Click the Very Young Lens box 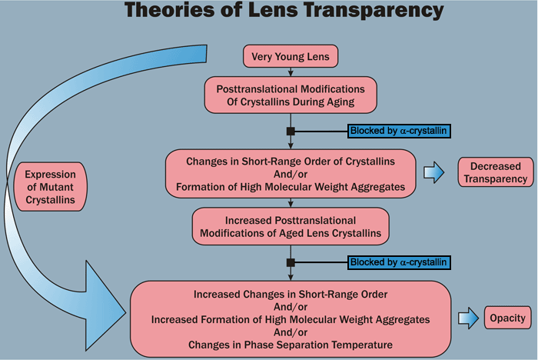(290, 56)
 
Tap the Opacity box (507, 318)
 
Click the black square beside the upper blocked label (291, 132)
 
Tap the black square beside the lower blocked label (291, 262)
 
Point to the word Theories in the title (158, 12)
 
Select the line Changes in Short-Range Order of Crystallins (291, 161)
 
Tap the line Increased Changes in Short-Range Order (291, 293)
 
